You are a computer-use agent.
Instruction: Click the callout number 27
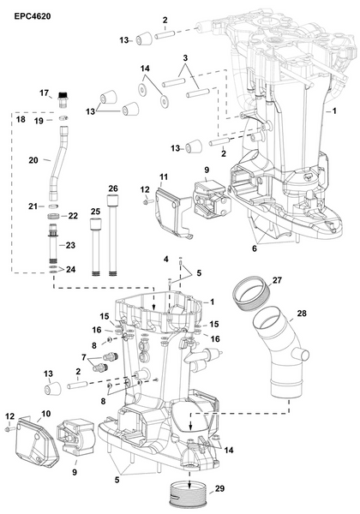tap(276, 279)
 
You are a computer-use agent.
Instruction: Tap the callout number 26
tap(112, 188)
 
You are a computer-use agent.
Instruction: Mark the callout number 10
tap(45, 414)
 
